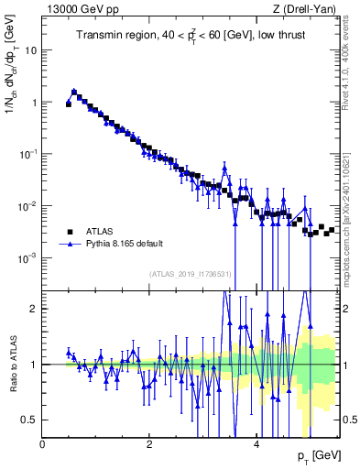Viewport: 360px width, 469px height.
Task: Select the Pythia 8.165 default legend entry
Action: (x=125, y=245)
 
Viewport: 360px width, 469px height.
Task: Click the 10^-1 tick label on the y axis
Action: (x=27, y=154)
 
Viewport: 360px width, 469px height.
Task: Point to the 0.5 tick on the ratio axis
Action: (x=29, y=420)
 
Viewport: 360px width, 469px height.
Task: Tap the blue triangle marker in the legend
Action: (x=70, y=245)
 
